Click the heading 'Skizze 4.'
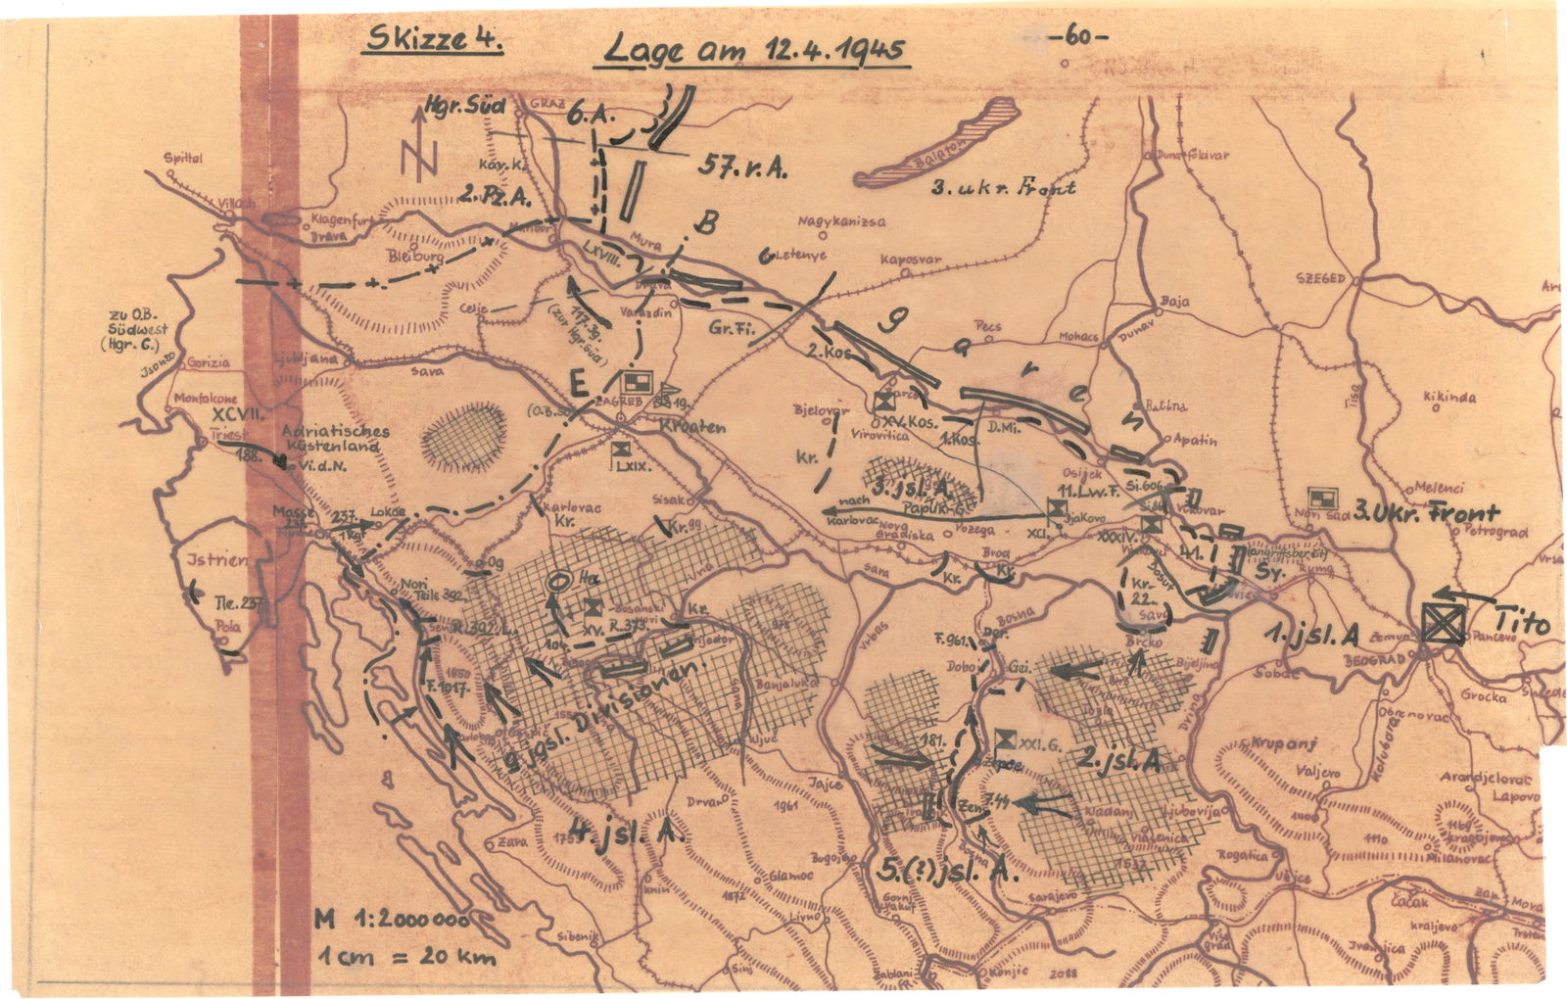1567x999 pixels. [x=431, y=42]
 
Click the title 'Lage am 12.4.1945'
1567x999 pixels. [x=751, y=50]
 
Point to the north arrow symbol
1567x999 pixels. [x=419, y=147]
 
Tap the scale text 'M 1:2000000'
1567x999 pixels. [x=391, y=921]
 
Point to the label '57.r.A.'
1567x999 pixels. [x=745, y=166]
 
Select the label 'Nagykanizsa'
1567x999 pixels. [x=842, y=221]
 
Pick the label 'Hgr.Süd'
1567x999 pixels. [x=464, y=105]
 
